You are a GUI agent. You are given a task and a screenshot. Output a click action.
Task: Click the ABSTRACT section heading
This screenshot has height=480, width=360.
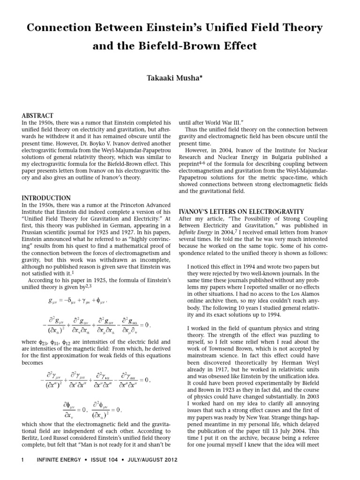point(38,116)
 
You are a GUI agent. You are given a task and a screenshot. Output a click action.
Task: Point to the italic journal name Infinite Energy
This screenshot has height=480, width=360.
point(196,237)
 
